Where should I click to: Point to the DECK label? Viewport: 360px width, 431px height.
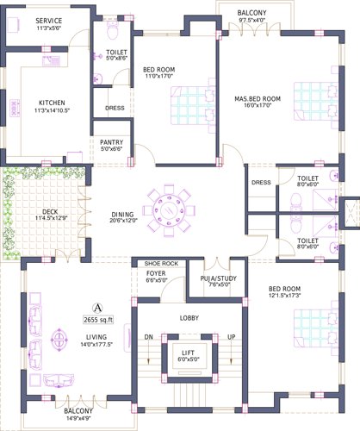pos(50,210)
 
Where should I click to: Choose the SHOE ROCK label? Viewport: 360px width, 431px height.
pos(160,262)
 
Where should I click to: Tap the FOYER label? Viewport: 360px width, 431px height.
pos(156,272)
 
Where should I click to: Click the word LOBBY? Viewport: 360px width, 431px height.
pos(189,317)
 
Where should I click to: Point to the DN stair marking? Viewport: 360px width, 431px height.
pos(148,336)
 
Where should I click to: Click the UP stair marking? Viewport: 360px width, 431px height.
pos(230,336)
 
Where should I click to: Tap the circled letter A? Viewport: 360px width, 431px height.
pos(98,307)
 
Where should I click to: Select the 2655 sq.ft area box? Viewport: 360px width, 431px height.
pos(98,320)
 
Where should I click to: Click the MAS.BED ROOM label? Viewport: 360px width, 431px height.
pos(258,99)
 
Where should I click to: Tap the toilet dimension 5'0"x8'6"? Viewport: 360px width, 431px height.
pos(116,59)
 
